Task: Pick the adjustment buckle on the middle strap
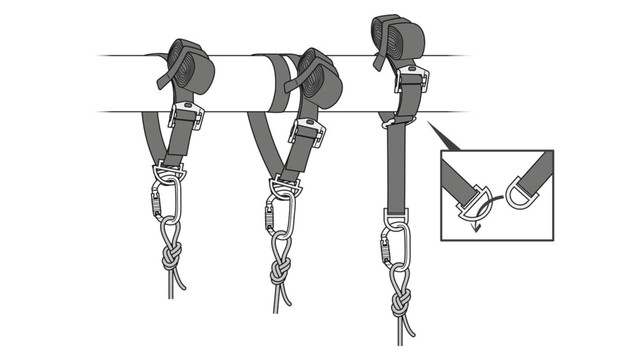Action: (307, 130)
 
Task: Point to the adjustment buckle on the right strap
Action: (412, 79)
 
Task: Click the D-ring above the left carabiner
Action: (169, 173)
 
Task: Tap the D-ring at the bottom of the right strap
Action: (396, 219)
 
